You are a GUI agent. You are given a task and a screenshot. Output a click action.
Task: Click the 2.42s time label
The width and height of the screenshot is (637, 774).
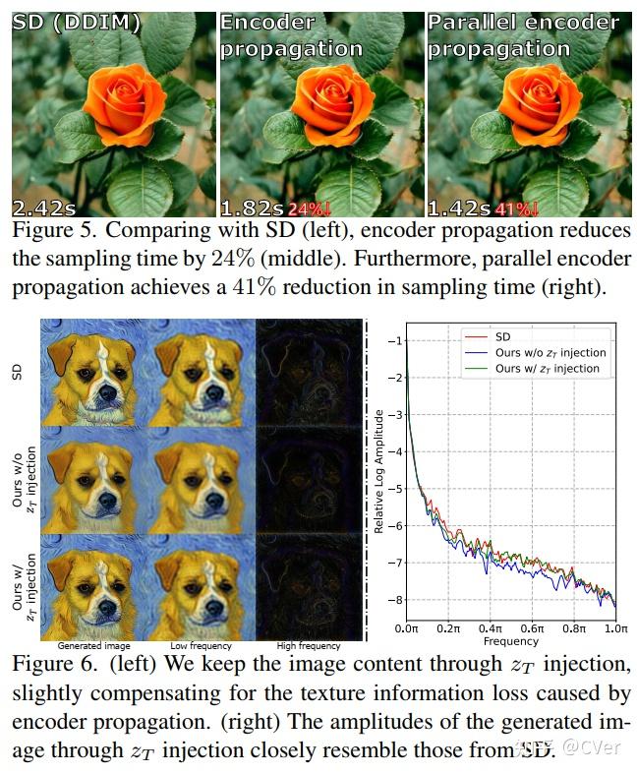coord(44,208)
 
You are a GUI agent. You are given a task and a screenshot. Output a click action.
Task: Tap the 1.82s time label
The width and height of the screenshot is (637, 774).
coord(252,208)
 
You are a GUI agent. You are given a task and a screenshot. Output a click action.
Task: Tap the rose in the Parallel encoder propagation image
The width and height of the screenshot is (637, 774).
coord(532,98)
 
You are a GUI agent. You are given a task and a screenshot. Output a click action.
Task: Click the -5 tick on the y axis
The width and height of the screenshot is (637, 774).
coord(396,489)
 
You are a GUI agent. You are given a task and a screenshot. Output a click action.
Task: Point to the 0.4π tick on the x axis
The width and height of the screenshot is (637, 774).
coord(491,626)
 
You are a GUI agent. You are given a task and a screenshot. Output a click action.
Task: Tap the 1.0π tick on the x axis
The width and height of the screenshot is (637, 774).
coord(615,626)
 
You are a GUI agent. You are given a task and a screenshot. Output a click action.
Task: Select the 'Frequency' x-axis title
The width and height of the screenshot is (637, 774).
coord(511,640)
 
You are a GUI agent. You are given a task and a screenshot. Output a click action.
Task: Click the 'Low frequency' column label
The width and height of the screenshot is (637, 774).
coord(201,646)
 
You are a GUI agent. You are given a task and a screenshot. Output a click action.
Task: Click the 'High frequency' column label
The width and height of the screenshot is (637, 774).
coord(308,646)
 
